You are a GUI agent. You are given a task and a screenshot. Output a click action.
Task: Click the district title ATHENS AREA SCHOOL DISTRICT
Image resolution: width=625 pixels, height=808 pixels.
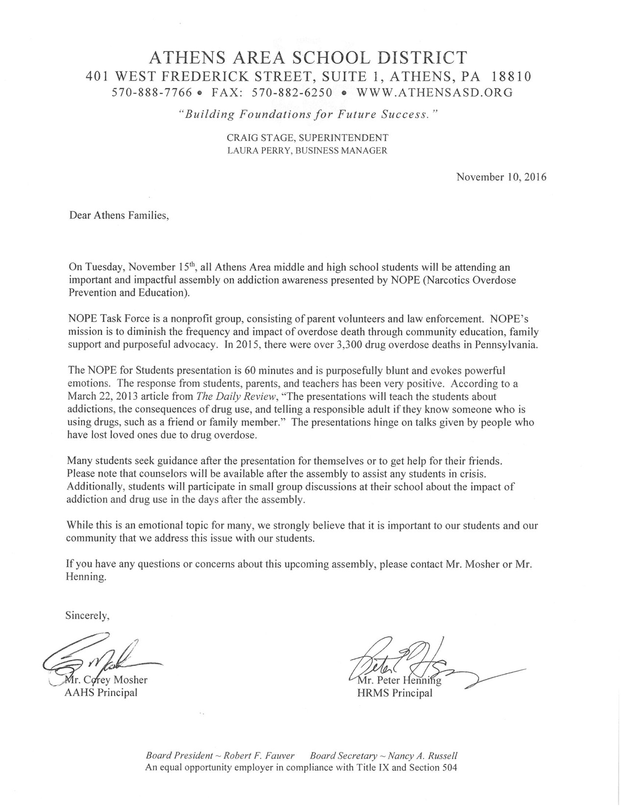tap(308, 58)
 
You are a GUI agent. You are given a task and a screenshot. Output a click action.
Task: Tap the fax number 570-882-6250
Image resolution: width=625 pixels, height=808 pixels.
tap(292, 92)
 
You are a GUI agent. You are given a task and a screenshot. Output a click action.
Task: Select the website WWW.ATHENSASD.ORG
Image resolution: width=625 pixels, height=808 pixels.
tap(434, 92)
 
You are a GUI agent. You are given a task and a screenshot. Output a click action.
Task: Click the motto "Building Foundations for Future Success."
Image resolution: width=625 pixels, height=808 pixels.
tap(307, 115)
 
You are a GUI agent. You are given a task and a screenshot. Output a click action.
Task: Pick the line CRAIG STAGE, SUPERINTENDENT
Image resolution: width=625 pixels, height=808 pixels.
tap(307, 138)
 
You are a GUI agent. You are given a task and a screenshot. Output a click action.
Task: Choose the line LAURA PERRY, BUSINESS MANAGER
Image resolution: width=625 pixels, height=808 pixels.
tap(307, 151)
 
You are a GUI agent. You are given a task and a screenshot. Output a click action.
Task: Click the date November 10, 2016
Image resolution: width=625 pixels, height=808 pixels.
tap(501, 177)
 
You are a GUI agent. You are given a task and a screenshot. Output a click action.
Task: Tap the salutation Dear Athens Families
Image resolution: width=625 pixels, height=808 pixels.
tap(119, 215)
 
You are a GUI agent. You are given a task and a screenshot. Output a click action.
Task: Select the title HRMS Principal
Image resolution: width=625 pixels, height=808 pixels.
tap(395, 693)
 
